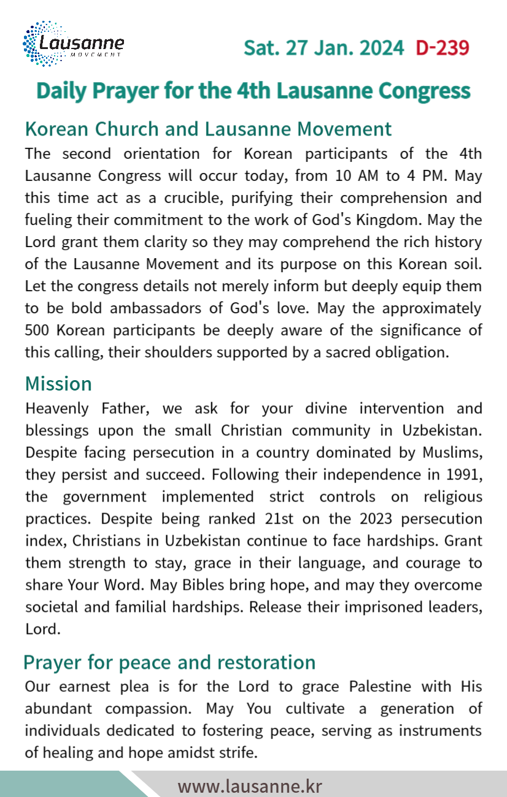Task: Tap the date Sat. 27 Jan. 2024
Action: click(324, 48)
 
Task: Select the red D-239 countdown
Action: click(442, 48)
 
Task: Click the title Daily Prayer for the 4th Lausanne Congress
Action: click(253, 90)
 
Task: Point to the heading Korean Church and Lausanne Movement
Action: click(208, 129)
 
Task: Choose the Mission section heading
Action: click(58, 384)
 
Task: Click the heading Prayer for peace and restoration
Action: click(169, 663)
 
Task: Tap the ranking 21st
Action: click(281, 519)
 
